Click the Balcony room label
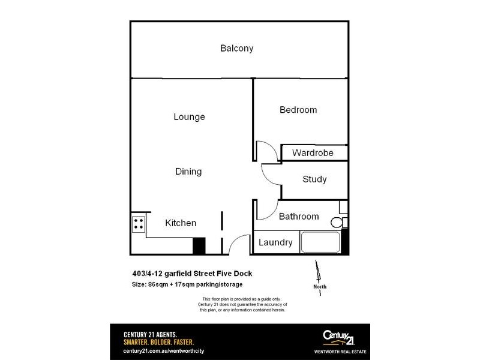[236, 49]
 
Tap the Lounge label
[189, 117]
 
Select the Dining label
[188, 172]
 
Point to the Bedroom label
[298, 110]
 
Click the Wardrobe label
[313, 153]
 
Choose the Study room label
[314, 179]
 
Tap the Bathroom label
[299, 217]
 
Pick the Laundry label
[275, 242]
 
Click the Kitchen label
[181, 223]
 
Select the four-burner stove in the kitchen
[138, 224]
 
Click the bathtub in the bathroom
[320, 242]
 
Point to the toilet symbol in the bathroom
[338, 223]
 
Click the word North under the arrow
[320, 287]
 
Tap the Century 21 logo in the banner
[338, 337]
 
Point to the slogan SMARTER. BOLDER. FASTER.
[158, 342]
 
